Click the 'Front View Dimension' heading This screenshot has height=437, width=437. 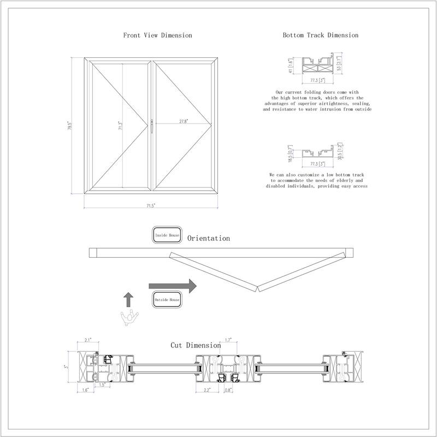point(157,35)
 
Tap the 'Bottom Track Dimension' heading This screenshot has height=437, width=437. point(321,35)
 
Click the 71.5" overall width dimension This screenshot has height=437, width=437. point(150,205)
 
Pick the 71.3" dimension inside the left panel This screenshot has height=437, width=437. point(121,126)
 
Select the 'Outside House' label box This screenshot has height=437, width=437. point(167,300)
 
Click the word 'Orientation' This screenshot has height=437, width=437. point(209,239)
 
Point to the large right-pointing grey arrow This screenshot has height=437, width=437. point(173,285)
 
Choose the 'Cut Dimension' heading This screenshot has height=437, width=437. point(196,345)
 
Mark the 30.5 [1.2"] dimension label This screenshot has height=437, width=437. point(339,153)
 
